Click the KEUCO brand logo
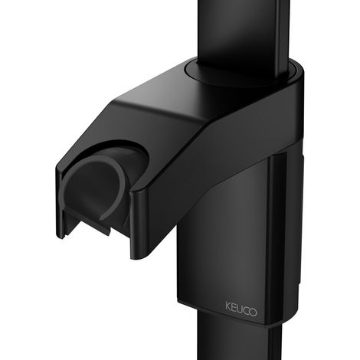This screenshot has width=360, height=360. pos(241,309)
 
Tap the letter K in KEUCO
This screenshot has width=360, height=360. pos(228,306)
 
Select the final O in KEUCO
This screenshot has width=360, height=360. pos(253,312)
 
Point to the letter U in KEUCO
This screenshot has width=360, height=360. pos(240,309)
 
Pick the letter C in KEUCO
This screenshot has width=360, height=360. pos(246,310)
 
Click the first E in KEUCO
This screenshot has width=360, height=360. pos(234,307)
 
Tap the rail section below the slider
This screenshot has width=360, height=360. pos(240,337)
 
